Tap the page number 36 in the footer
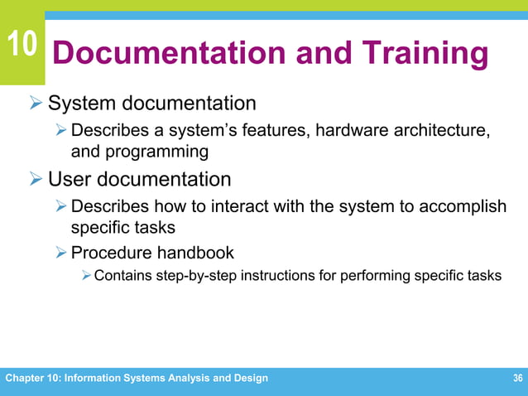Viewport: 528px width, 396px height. pyautogui.click(x=517, y=379)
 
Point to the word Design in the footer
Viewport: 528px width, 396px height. pyautogui.click(x=249, y=379)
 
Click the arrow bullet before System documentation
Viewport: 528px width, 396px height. pyautogui.click(x=36, y=104)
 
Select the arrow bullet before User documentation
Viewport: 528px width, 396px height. pyautogui.click(x=36, y=179)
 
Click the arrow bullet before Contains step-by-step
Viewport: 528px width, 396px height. pyautogui.click(x=85, y=276)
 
